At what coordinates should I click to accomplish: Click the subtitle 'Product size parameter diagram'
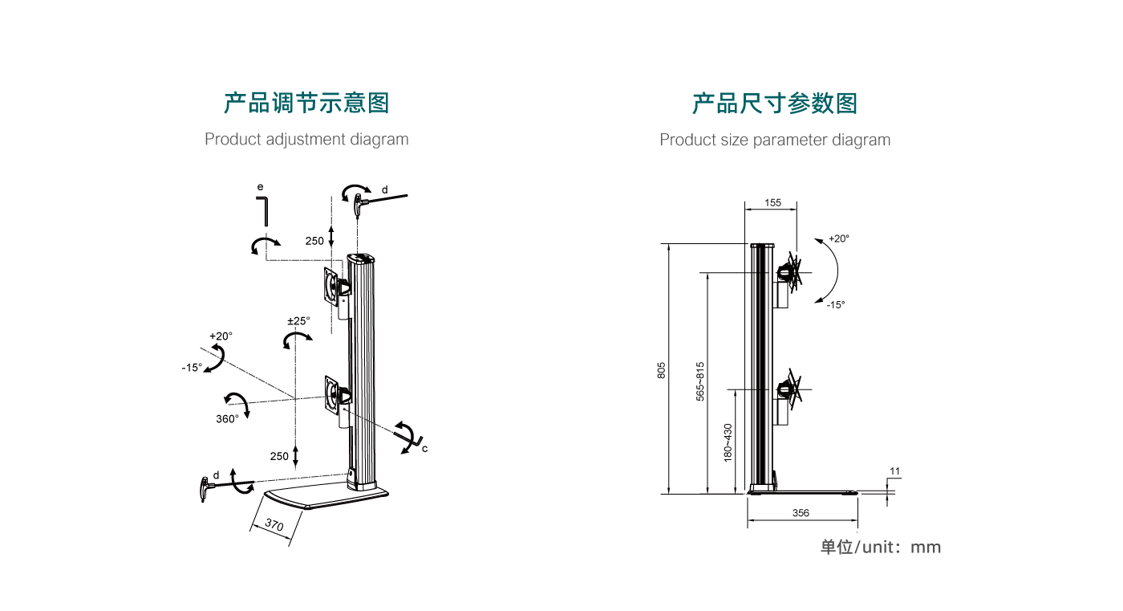pyautogui.click(x=775, y=140)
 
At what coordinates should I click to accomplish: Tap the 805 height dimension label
pyautogui.click(x=662, y=370)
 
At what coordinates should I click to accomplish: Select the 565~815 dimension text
pyautogui.click(x=699, y=381)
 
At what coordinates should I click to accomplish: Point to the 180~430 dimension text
pyautogui.click(x=728, y=442)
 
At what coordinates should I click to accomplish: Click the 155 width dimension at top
pyautogui.click(x=772, y=203)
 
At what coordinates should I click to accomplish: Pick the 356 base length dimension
pyautogui.click(x=801, y=513)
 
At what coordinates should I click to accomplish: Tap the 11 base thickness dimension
pyautogui.click(x=895, y=471)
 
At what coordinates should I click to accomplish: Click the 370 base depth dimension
pyautogui.click(x=274, y=527)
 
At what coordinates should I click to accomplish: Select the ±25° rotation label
pyautogui.click(x=298, y=321)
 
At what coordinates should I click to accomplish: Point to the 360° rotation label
pyautogui.click(x=227, y=419)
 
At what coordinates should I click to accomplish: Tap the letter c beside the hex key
pyautogui.click(x=424, y=449)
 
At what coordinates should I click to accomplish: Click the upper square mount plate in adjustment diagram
pyautogui.click(x=333, y=287)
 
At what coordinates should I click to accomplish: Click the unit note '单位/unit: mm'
pyautogui.click(x=880, y=548)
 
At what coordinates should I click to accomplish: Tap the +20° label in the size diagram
pyautogui.click(x=838, y=238)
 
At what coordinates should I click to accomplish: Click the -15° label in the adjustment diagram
pyautogui.click(x=192, y=368)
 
